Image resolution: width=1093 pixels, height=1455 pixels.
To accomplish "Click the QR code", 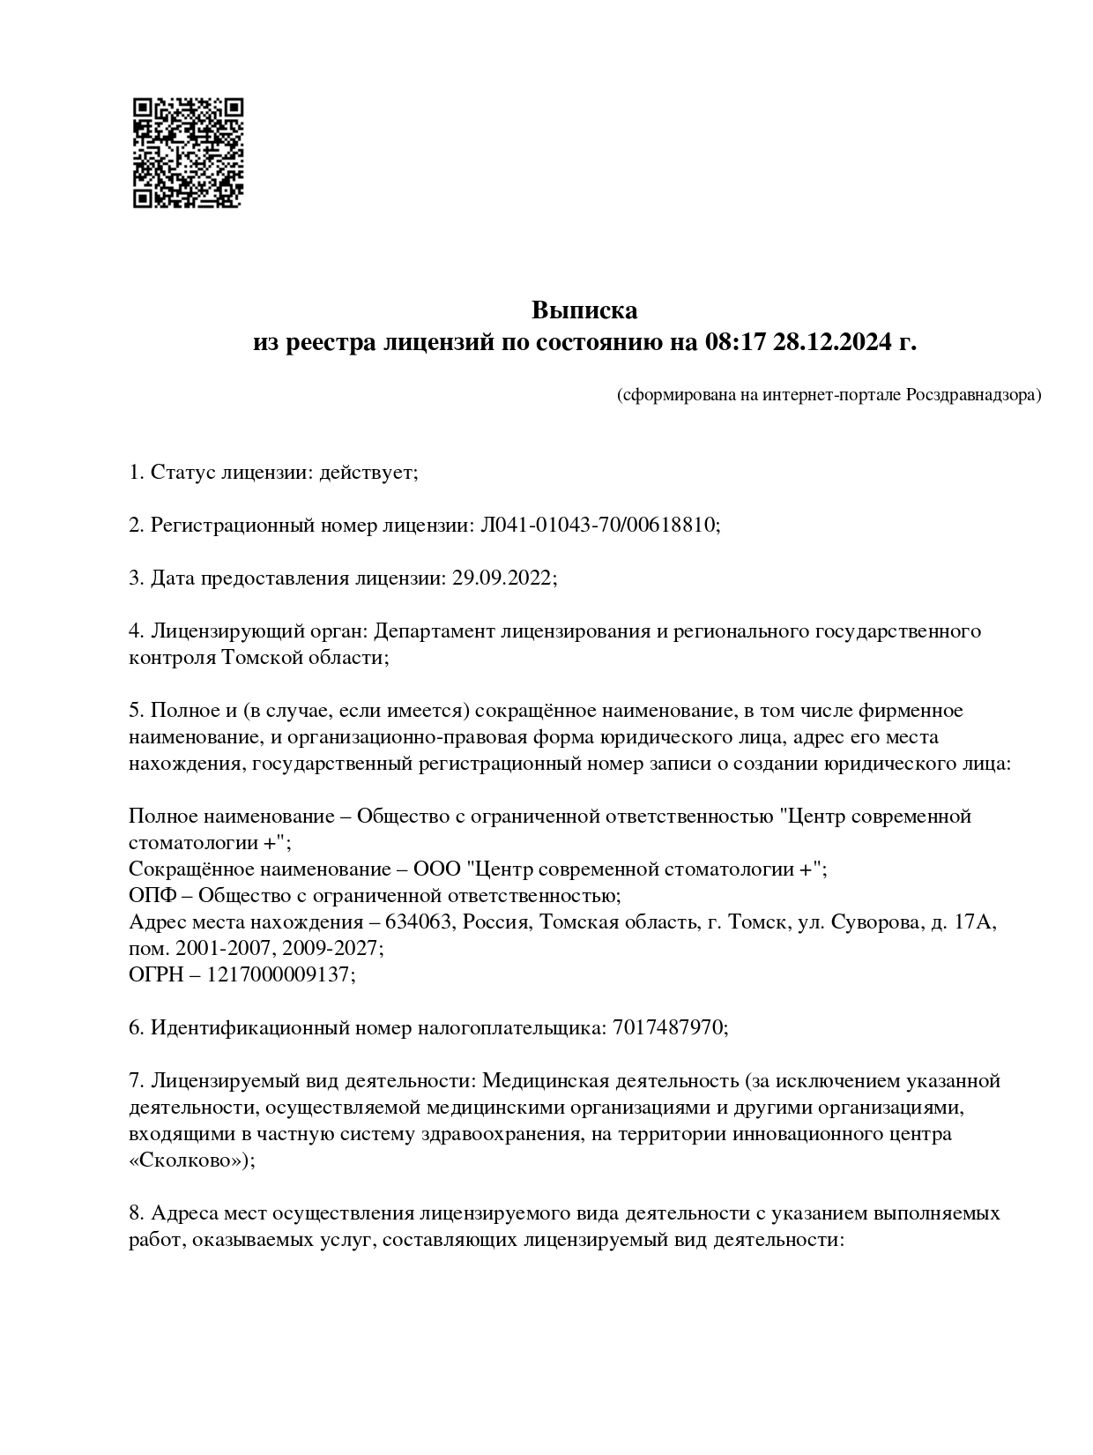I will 188,153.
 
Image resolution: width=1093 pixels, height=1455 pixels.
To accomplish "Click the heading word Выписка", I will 584,310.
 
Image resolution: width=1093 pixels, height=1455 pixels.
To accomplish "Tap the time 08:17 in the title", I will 733,342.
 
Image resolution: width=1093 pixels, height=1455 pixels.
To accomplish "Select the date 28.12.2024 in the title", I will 831,342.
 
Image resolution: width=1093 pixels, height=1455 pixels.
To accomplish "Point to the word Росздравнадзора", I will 973,395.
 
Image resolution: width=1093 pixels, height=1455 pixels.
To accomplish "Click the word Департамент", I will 434,631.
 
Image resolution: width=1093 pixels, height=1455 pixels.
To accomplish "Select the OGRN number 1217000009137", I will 279,975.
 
